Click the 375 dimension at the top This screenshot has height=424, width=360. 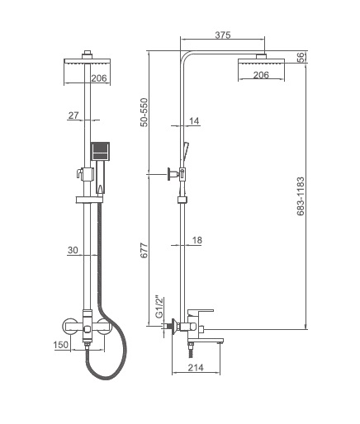223,35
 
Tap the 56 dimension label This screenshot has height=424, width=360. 302,58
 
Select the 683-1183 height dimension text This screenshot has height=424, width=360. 301,196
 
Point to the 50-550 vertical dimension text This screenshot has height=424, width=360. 144,112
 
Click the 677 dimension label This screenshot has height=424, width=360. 144,250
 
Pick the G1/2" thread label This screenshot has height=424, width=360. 159,307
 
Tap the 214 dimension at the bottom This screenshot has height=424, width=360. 196,367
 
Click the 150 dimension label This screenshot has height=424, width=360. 61,345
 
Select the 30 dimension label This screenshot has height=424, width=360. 73,250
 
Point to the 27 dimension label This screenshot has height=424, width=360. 73,115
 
